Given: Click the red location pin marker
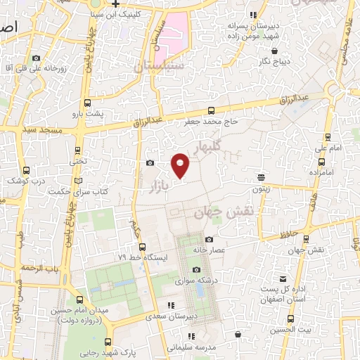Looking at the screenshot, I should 181,165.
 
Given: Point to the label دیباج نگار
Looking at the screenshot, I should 269,62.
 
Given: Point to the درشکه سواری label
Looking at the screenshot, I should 196,281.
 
